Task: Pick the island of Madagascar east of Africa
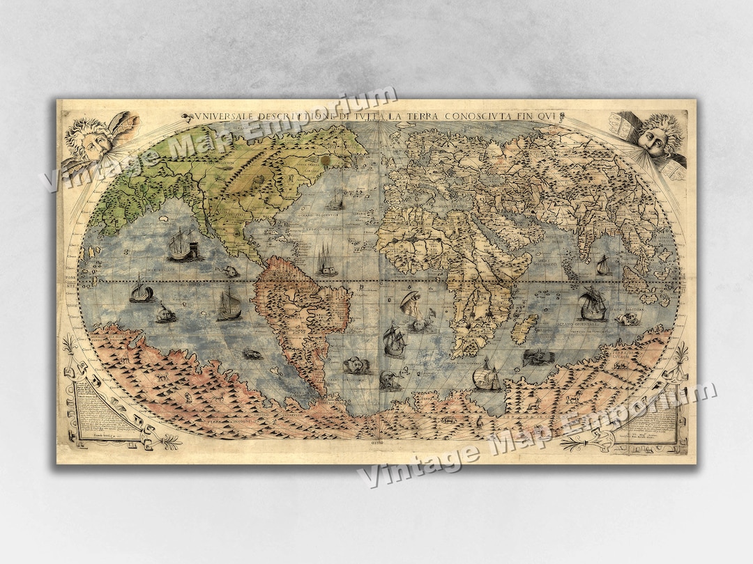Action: [524, 327]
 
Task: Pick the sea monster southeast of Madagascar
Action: [538, 357]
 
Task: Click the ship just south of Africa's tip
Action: [486, 378]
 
